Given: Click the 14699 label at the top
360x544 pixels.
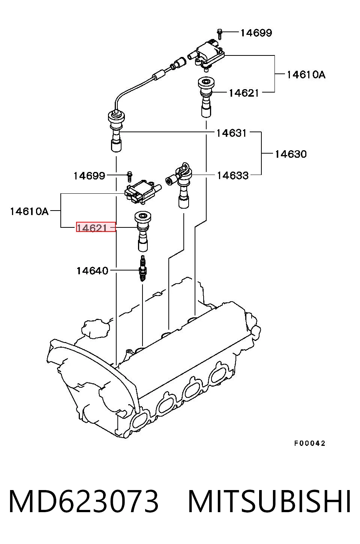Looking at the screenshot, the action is [256, 33].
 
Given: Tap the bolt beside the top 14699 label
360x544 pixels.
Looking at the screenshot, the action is [219, 34].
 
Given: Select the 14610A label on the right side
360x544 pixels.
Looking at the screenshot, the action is [306, 75].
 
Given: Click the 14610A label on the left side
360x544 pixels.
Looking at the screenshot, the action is [29, 212].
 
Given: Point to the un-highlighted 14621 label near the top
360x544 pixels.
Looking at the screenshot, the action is [244, 93].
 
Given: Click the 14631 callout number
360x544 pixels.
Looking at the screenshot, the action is [231, 133].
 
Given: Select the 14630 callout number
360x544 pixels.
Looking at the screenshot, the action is [291, 154].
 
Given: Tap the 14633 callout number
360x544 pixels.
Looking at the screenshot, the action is [232, 176].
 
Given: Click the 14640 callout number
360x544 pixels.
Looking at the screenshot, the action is [92, 271].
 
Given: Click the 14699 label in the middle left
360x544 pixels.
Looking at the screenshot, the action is [89, 176].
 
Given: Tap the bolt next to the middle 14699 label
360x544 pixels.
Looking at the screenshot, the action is [130, 176].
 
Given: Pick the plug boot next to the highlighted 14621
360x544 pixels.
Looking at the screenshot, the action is [143, 231].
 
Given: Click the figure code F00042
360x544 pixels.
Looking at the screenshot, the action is [310, 444].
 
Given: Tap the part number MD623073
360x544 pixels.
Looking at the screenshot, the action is [83, 501].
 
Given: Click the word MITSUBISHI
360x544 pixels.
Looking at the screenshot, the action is [269, 501].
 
